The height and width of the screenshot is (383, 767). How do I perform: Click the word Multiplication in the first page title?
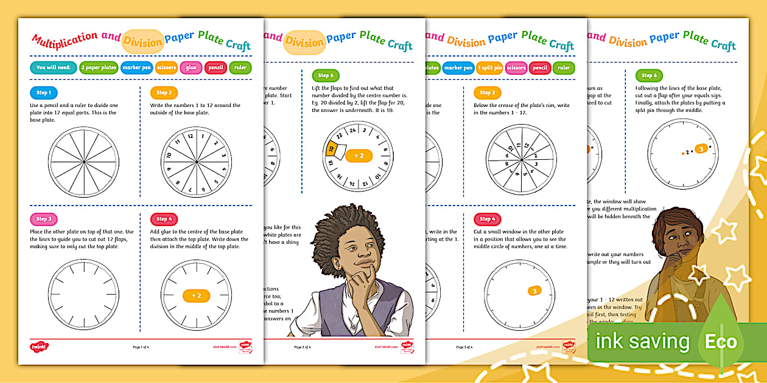pyautogui.click(x=65, y=41)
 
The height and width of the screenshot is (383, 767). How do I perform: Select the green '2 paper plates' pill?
pyautogui.click(x=99, y=67)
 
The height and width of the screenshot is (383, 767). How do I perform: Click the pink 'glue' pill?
pyautogui.click(x=191, y=67)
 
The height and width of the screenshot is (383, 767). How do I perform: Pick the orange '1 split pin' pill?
pyautogui.click(x=489, y=68)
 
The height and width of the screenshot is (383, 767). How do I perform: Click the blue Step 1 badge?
pyautogui.click(x=43, y=92)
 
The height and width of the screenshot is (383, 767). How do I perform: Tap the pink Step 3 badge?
pyautogui.click(x=43, y=219)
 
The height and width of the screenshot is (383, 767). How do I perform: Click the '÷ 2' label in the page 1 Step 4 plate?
pyautogui.click(x=196, y=295)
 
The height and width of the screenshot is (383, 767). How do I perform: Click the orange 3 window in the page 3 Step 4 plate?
pyautogui.click(x=534, y=291)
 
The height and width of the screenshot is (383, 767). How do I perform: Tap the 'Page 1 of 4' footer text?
pyautogui.click(x=141, y=347)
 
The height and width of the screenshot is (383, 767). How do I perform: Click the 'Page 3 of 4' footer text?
pyautogui.click(x=464, y=347)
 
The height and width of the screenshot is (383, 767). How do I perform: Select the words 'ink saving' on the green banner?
pyautogui.click(x=642, y=341)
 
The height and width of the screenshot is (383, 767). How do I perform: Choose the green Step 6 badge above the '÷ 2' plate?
pyautogui.click(x=326, y=75)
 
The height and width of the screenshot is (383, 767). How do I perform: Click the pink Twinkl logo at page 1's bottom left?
pyautogui.click(x=38, y=347)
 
